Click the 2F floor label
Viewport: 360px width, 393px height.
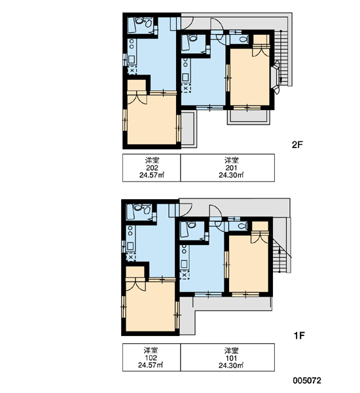click(298, 145)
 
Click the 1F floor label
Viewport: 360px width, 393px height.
click(299, 335)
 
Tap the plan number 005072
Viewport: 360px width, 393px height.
click(307, 381)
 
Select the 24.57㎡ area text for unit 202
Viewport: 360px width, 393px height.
click(152, 175)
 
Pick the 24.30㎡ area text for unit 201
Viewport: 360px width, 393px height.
click(231, 175)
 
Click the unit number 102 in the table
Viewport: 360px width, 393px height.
click(151, 358)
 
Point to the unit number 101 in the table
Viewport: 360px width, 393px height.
click(231, 358)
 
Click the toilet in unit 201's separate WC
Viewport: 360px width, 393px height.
click(243, 39)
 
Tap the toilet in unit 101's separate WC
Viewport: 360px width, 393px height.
click(242, 226)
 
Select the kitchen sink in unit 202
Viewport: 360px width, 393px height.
click(132, 60)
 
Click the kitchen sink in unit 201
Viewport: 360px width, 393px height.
click(185, 77)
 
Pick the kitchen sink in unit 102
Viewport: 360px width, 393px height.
click(130, 246)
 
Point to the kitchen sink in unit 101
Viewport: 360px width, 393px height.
click(184, 264)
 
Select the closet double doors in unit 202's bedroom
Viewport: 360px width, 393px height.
click(137, 98)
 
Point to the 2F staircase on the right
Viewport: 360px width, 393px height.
click(283, 58)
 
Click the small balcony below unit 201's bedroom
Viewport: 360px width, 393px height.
click(249, 117)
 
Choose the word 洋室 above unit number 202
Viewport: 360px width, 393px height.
click(152, 160)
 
